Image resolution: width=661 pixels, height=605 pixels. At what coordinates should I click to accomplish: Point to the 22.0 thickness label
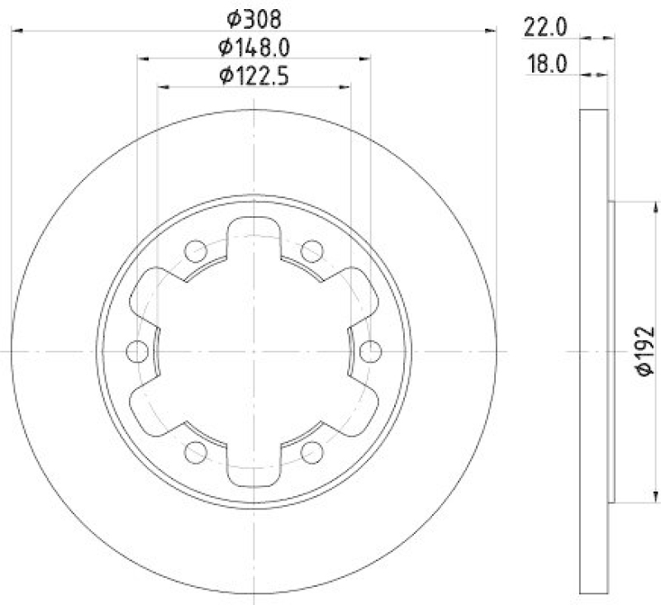point(544,27)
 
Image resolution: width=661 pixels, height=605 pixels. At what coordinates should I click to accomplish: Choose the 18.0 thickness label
point(545,64)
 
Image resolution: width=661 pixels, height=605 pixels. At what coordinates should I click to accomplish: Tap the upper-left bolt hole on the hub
point(196,250)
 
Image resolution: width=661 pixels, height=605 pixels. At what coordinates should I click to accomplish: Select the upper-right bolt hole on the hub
point(311,250)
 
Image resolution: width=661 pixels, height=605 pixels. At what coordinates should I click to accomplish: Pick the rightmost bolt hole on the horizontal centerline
point(370,352)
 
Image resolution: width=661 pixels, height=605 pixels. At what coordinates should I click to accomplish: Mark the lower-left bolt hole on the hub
point(196,451)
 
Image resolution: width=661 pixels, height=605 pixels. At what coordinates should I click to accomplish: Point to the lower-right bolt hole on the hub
point(311,451)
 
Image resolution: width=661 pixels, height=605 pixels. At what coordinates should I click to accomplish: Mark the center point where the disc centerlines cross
point(254,352)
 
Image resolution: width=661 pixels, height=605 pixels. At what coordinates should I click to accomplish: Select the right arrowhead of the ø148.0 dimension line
point(365,59)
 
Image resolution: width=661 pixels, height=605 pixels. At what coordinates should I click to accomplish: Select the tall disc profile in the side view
point(594,352)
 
